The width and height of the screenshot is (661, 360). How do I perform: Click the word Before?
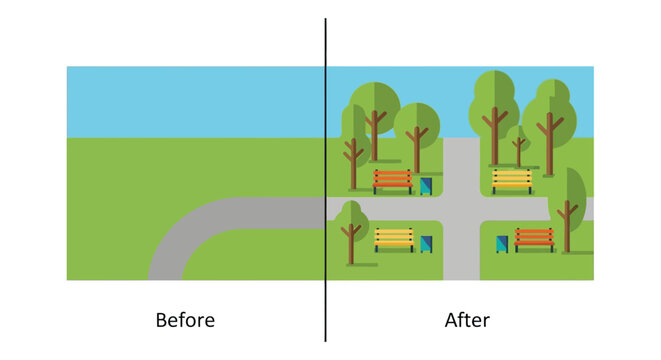(x=185, y=321)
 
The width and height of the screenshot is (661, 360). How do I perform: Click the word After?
(x=467, y=321)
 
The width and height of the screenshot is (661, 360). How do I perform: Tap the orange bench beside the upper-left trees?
(x=393, y=181)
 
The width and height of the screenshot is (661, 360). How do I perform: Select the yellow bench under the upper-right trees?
(x=512, y=180)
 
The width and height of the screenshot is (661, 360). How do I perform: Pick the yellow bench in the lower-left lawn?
(x=394, y=239)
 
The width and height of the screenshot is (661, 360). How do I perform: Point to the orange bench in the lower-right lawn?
(x=534, y=239)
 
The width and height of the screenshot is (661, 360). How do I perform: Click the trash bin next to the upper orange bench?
(x=426, y=186)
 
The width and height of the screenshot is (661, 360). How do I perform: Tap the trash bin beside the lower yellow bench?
(x=427, y=244)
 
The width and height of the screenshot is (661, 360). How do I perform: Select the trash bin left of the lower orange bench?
(x=502, y=244)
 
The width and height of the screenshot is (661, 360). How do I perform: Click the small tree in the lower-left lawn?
(x=351, y=225)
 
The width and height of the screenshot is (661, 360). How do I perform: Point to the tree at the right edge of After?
(x=568, y=200)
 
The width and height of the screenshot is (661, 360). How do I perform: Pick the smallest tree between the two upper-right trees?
(x=518, y=142)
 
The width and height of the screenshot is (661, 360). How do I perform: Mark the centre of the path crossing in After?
(x=461, y=209)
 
